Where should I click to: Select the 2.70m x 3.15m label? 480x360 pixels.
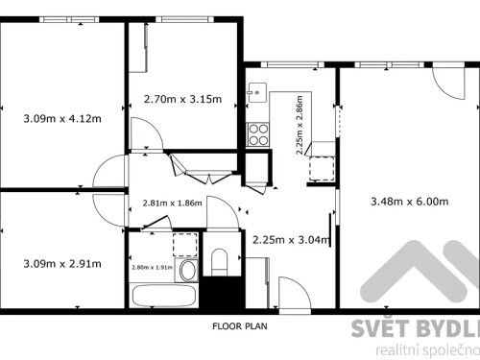pyautogui.click(x=182, y=99)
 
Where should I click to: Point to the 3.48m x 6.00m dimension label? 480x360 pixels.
pyautogui.click(x=409, y=201)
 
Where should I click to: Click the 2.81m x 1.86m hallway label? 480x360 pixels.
pyautogui.click(x=172, y=203)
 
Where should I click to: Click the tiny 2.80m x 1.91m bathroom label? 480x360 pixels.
pyautogui.click(x=152, y=267)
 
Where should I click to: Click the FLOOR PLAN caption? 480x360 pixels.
pyautogui.click(x=240, y=326)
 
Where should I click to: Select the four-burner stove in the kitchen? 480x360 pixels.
pyautogui.click(x=258, y=134)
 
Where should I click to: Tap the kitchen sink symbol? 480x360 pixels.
pyautogui.click(x=255, y=93)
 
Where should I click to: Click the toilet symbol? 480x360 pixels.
pyautogui.click(x=219, y=260)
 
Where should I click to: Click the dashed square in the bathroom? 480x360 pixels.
pyautogui.click(x=182, y=240)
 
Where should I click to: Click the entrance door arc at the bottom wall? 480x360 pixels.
pyautogui.click(x=291, y=290)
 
